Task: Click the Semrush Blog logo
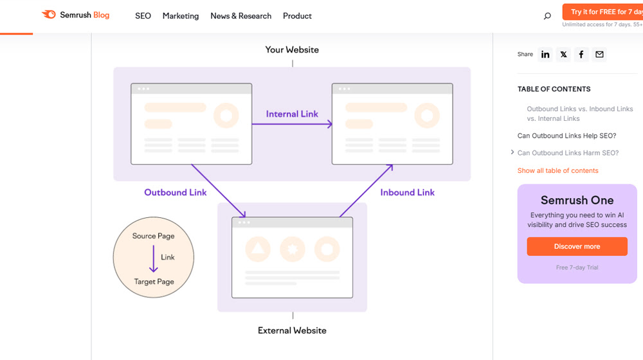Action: (75, 15)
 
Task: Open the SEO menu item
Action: (143, 15)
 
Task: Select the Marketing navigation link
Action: (181, 15)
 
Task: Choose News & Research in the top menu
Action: (240, 15)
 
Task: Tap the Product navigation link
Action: (297, 15)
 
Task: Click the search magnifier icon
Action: (547, 16)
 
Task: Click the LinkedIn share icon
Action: (545, 55)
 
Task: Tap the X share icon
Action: (563, 55)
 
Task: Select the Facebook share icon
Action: (581, 55)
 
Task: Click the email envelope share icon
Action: (599, 55)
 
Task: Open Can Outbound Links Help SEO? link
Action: (566, 136)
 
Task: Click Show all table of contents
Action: (557, 170)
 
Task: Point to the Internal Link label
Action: (292, 114)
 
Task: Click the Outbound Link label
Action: (175, 192)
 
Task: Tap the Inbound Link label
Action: (407, 192)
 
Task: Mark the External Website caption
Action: (292, 330)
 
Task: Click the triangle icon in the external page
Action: (258, 249)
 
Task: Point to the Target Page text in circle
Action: (154, 282)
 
